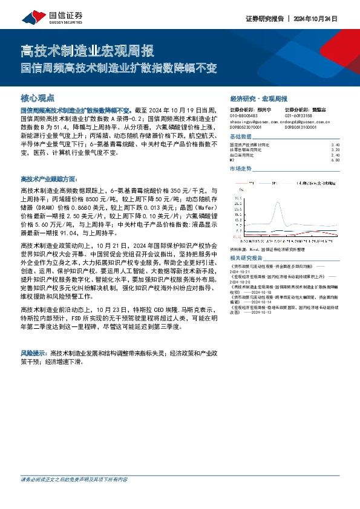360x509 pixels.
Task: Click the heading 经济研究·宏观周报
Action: [259, 98]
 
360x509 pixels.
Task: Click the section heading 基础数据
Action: [241, 138]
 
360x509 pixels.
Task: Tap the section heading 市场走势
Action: [241, 169]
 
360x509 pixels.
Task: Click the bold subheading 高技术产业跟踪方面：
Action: [49, 179]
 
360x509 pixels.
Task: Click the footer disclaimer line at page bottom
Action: [74, 497]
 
